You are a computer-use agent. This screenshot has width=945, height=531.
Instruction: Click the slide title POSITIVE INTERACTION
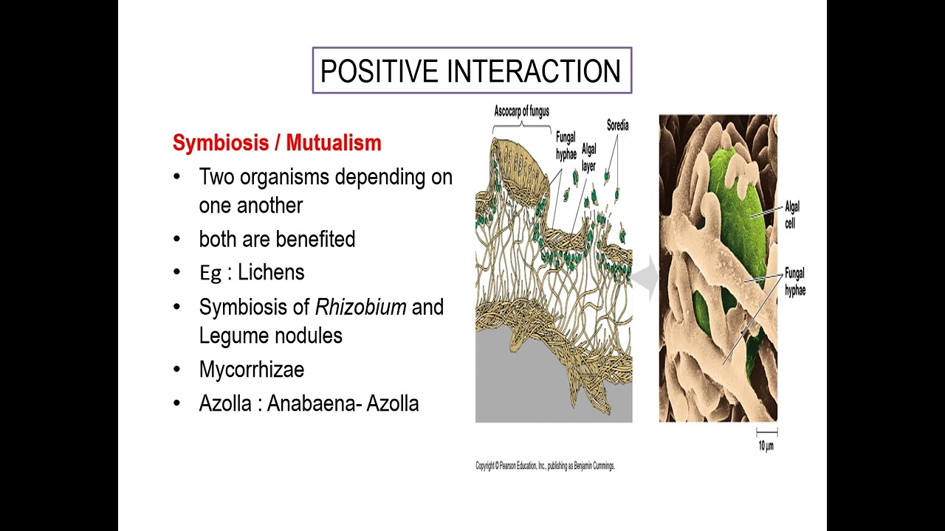point(471,72)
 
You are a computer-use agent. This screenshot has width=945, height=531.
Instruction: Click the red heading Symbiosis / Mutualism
point(277,142)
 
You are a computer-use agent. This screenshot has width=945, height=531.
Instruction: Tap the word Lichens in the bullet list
point(271,272)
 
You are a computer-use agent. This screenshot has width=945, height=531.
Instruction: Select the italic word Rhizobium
point(360,307)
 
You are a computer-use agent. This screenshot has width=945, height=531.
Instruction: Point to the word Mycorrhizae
point(251,369)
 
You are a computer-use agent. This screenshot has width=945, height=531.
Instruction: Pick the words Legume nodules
point(270,336)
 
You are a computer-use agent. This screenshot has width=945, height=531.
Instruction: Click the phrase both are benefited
point(277,239)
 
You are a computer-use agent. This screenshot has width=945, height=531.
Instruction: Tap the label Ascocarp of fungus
point(521,111)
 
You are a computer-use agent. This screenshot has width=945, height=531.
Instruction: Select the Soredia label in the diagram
point(617,125)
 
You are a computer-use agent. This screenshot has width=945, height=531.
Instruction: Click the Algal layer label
point(588,156)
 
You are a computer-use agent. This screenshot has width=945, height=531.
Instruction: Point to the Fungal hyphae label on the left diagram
point(566,145)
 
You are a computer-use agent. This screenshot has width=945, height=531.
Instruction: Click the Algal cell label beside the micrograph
point(791,215)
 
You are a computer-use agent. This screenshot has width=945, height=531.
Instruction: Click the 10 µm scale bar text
point(766,445)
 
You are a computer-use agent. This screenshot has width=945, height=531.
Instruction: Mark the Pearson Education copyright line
point(545,466)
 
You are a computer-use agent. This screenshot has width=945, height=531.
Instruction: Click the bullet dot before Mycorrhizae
point(176,369)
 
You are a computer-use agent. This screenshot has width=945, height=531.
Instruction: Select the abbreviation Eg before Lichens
point(210,273)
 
